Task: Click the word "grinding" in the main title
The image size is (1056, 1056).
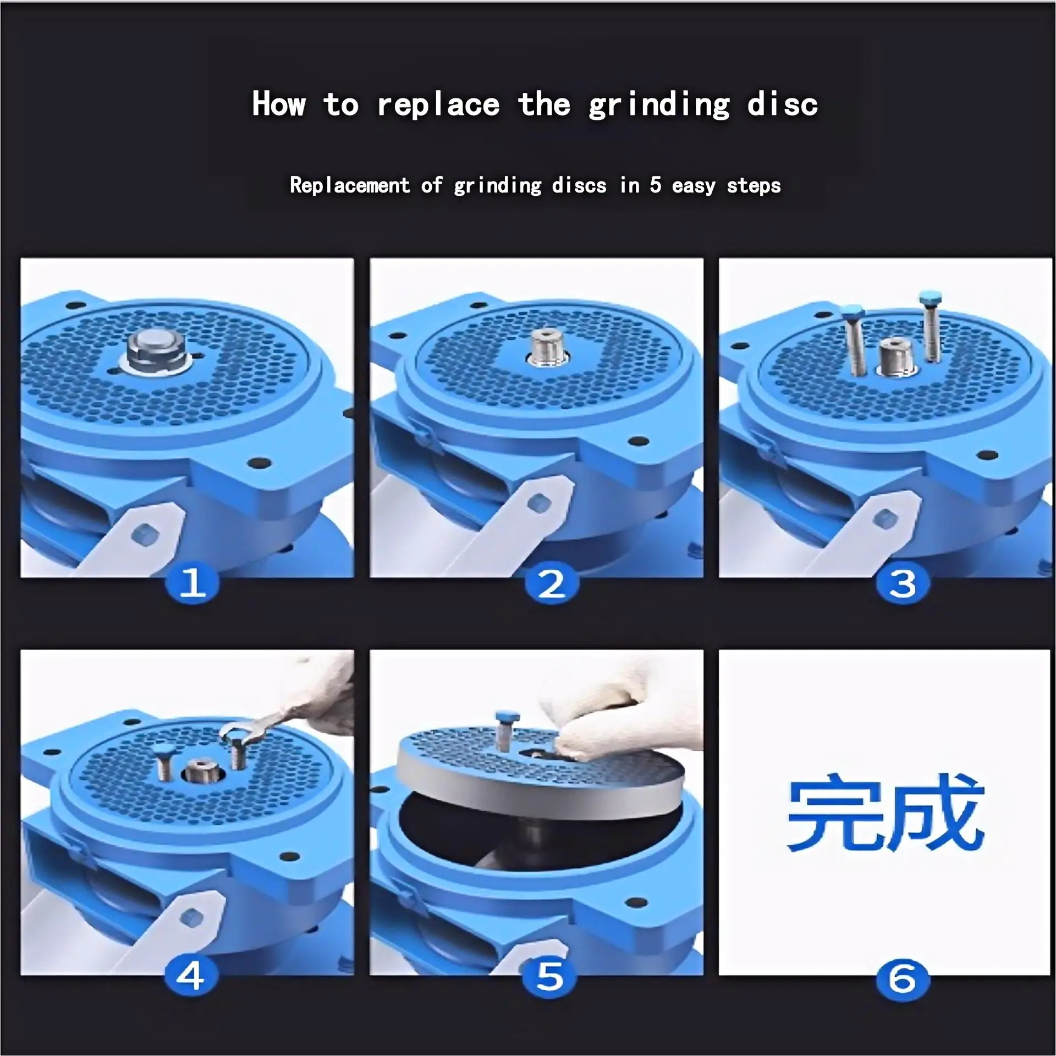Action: (x=659, y=105)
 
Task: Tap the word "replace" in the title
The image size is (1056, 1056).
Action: (x=438, y=104)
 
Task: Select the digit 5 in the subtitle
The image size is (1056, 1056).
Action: (x=655, y=185)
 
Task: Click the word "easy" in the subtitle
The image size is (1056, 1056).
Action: (x=693, y=186)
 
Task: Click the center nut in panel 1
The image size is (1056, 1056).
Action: (x=157, y=352)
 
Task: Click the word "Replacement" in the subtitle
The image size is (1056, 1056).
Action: (x=350, y=185)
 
